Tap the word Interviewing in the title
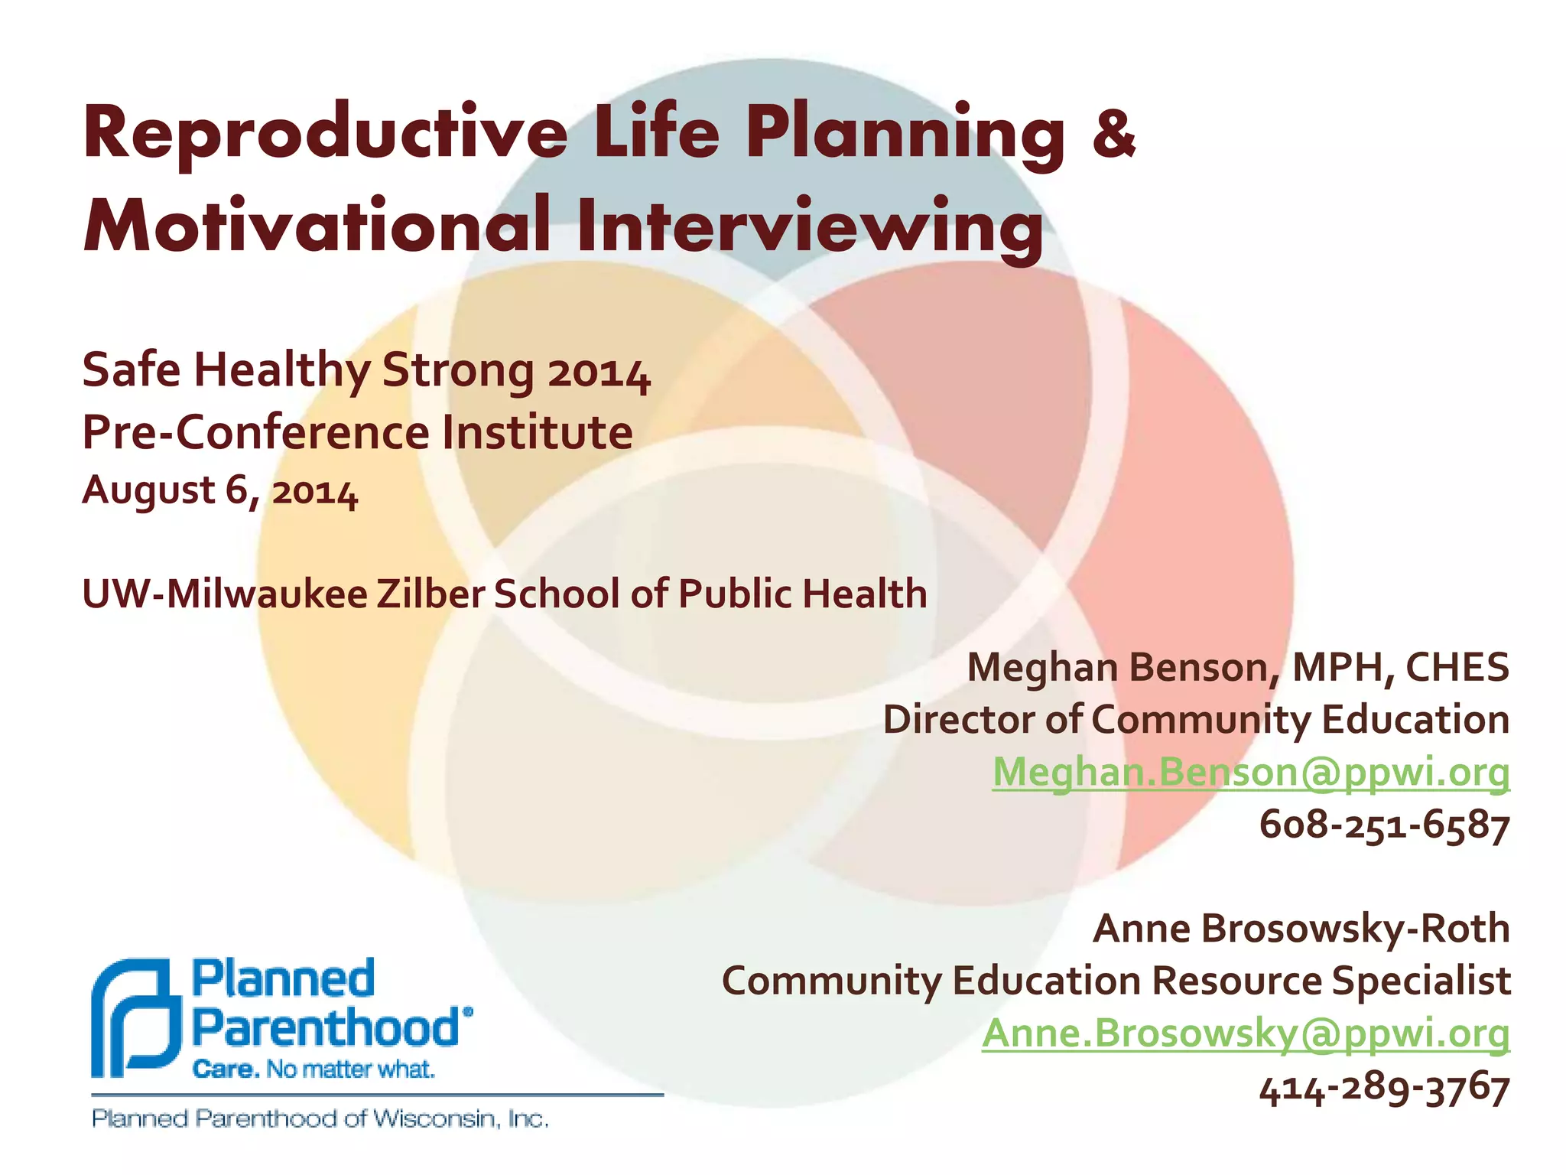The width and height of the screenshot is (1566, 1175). pos(810,225)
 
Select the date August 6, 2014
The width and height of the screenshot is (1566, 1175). pos(219,490)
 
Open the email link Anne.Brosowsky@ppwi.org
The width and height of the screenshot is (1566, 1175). pos(1246,1033)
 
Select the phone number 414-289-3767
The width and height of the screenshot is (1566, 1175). pos(1384,1087)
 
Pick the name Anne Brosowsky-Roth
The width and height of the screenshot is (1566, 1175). pos(1301,929)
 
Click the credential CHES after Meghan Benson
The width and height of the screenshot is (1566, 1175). pos(1457,667)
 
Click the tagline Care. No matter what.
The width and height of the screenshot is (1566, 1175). pos(314,1069)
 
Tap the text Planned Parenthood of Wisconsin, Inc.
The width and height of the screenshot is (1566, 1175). pos(320,1119)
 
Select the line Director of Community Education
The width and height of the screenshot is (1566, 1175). pos(1196,720)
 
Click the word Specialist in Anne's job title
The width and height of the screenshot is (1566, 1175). pos(1421,981)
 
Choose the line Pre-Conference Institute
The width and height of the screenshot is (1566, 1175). pos(357,433)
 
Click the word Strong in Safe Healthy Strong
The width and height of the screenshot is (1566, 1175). pos(458,370)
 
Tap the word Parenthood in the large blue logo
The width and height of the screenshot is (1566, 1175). pos(325,1027)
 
